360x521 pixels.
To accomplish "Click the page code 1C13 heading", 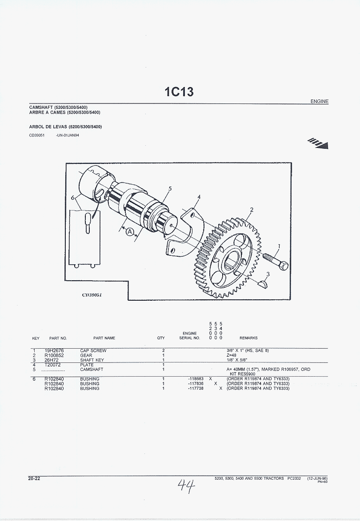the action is coord(179,91).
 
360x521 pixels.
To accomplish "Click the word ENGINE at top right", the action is coord(320,101).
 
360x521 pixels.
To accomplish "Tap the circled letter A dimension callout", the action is coord(129,231).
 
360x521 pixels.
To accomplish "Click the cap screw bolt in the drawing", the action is coord(276,261).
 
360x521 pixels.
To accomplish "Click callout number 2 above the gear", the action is coord(252,210).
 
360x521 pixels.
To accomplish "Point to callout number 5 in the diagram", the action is coord(170,189).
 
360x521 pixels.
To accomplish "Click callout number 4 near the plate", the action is coord(199,197).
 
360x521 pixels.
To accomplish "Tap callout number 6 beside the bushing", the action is coord(72,198).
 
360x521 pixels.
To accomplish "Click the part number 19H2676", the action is coord(54,350).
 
